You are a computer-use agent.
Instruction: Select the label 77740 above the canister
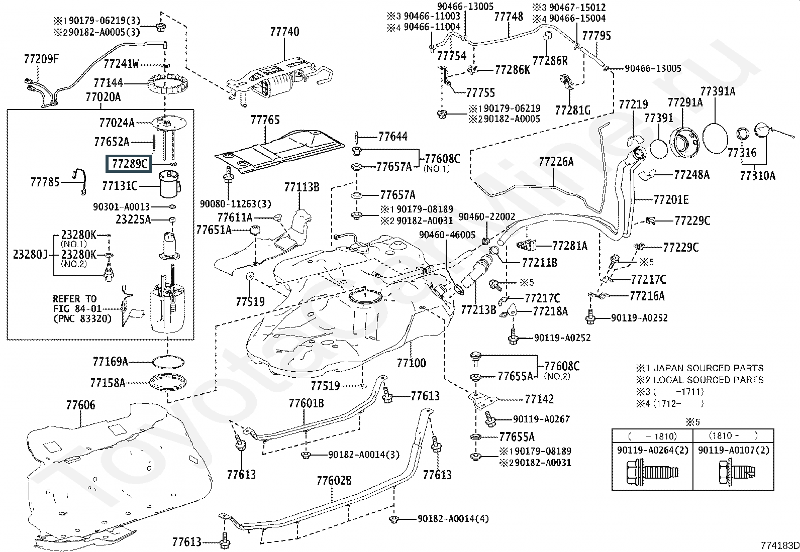pos(284,32)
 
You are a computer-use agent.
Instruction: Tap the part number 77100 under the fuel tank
pos(411,363)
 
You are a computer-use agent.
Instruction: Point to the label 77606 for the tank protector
pos(80,405)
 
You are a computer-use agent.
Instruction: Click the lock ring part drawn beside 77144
pos(164,86)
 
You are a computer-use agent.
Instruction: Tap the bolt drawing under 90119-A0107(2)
pos(733,473)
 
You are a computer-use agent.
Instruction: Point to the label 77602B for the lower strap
pos(334,481)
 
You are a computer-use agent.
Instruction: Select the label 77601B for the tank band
pos(306,403)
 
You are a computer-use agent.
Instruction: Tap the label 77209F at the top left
pos(41,59)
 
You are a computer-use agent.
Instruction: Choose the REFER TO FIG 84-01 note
pos(81,308)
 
